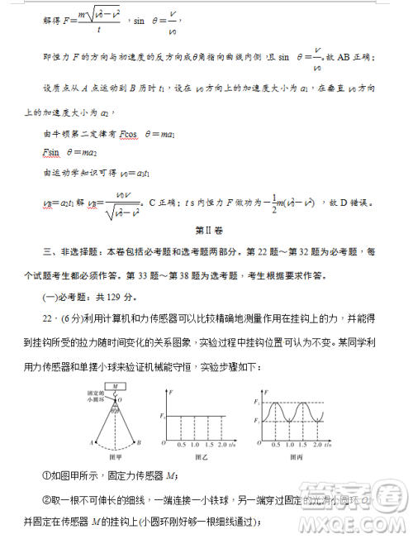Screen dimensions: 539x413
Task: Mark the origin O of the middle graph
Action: pos(163,445)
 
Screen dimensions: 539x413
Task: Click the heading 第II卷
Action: pos(206,229)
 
